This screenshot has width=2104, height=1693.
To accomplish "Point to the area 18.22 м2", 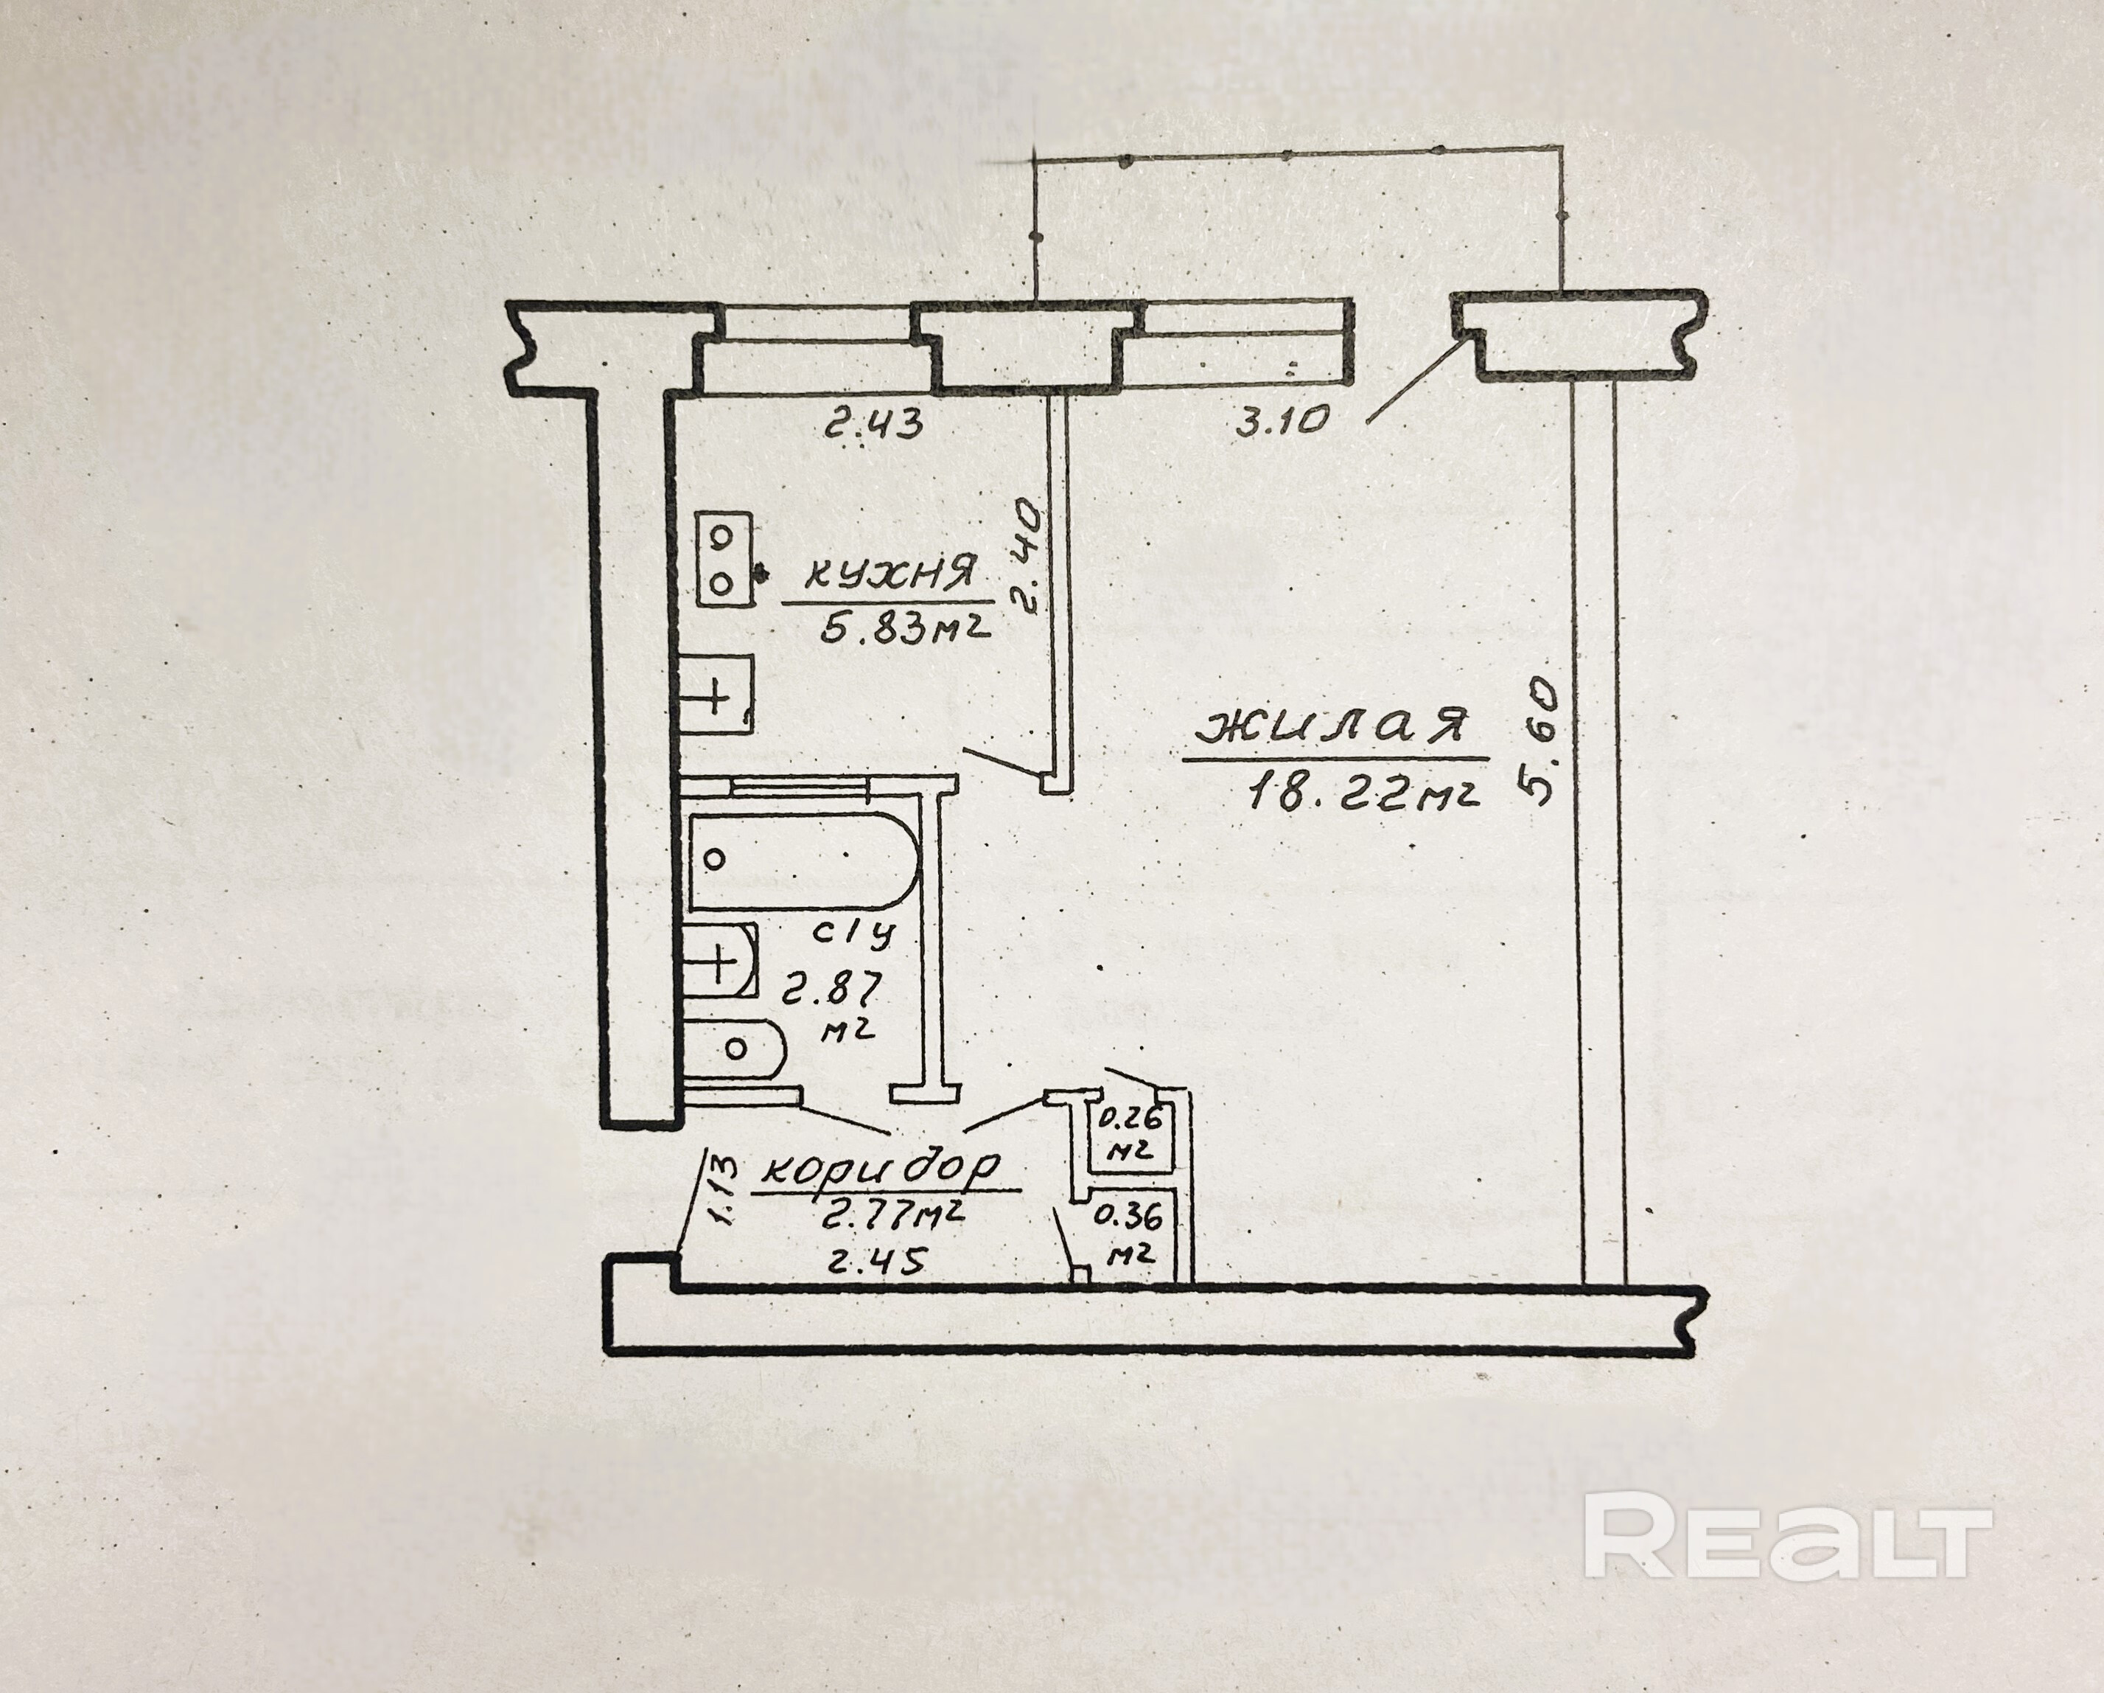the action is (x=1364, y=793).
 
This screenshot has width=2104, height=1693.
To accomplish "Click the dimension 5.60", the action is (x=1539, y=742).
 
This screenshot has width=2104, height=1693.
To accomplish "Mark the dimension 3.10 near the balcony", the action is (x=1282, y=422).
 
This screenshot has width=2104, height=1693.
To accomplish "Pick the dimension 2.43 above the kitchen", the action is (x=874, y=424).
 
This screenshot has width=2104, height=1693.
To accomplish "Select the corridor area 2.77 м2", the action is (x=894, y=1217).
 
